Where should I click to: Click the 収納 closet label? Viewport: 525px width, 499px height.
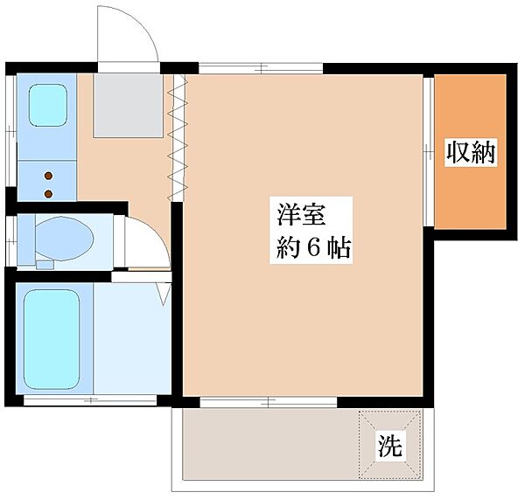(x=471, y=153)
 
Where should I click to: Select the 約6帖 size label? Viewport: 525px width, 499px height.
(x=313, y=248)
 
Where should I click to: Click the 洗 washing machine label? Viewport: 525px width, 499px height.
(x=390, y=447)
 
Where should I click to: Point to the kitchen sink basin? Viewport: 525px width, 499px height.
(x=48, y=105)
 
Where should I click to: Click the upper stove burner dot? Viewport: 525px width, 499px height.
(x=48, y=176)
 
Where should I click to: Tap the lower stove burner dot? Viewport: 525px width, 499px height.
(x=48, y=193)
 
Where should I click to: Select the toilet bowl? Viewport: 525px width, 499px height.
(x=64, y=239)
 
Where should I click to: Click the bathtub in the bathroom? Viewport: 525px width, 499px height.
(x=52, y=339)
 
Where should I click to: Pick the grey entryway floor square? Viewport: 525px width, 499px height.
(x=129, y=106)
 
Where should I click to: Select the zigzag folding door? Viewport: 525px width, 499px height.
(x=177, y=138)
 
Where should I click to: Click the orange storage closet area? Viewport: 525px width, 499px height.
(x=470, y=151)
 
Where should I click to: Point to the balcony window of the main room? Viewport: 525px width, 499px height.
(x=269, y=402)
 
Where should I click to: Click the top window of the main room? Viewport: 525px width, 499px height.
(x=261, y=68)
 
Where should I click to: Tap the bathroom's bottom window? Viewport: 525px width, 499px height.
(x=90, y=400)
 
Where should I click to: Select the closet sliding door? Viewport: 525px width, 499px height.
(x=428, y=152)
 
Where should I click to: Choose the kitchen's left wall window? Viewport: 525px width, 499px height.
(x=10, y=130)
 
